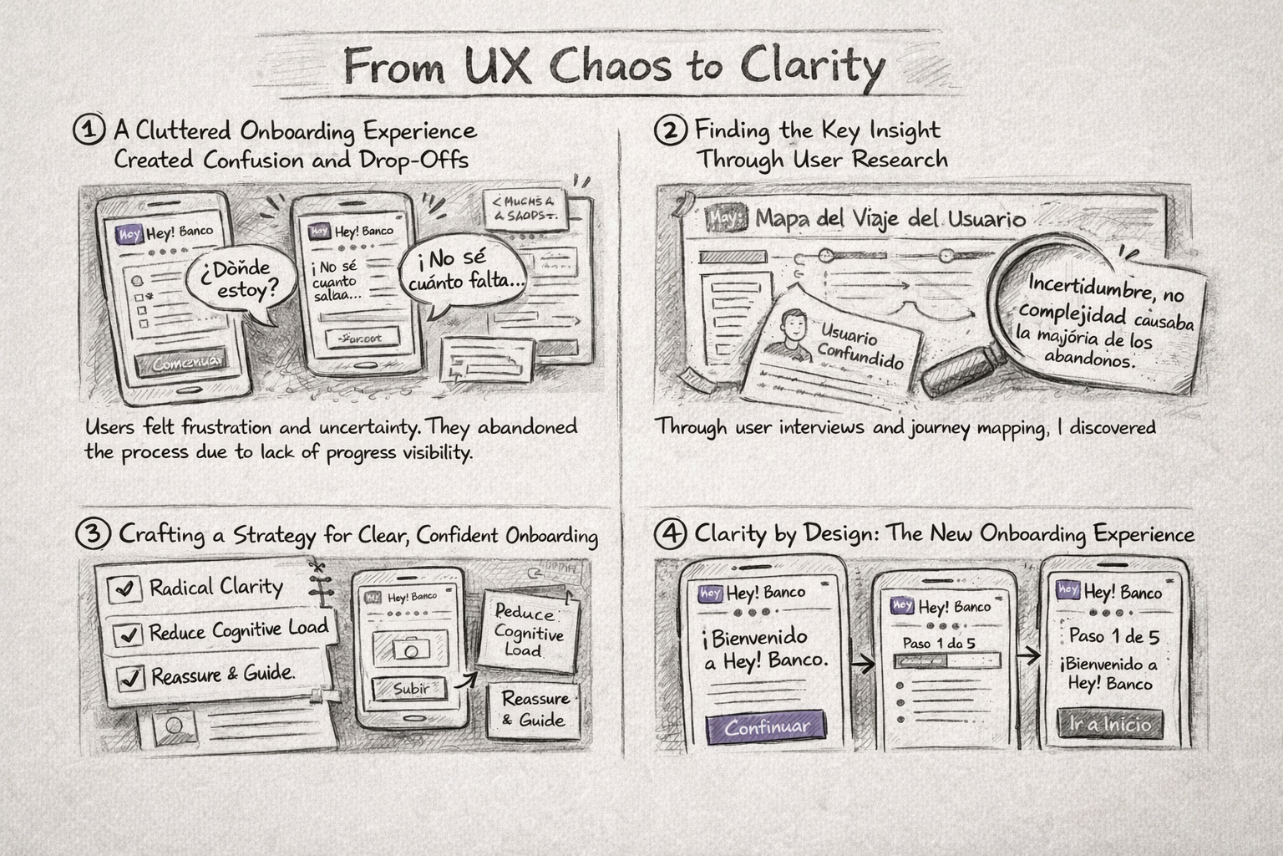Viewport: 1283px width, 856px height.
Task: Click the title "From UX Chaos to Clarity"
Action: pyautogui.click(x=614, y=65)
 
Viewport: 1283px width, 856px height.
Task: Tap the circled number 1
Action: pyautogui.click(x=89, y=130)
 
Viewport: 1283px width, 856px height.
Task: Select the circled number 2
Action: pyautogui.click(x=671, y=130)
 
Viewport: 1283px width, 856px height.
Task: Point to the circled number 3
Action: pyautogui.click(x=93, y=534)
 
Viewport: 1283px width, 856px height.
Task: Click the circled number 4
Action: pyautogui.click(x=671, y=533)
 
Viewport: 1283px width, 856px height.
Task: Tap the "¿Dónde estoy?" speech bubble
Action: pyautogui.click(x=238, y=281)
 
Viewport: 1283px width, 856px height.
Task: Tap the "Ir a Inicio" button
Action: pyautogui.click(x=1109, y=724)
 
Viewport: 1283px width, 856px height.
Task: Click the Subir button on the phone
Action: pyautogui.click(x=409, y=689)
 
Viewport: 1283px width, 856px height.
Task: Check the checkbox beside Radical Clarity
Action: pyautogui.click(x=124, y=588)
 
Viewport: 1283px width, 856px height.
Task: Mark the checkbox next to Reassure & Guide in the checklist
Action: pyautogui.click(x=129, y=676)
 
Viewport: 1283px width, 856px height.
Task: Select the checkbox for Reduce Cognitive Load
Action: pyautogui.click(x=129, y=634)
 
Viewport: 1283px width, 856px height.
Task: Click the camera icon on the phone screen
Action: pyautogui.click(x=409, y=648)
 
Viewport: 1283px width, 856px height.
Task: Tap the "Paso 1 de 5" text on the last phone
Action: pyautogui.click(x=1114, y=636)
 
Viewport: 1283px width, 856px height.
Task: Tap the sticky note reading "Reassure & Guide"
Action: pyautogui.click(x=535, y=710)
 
